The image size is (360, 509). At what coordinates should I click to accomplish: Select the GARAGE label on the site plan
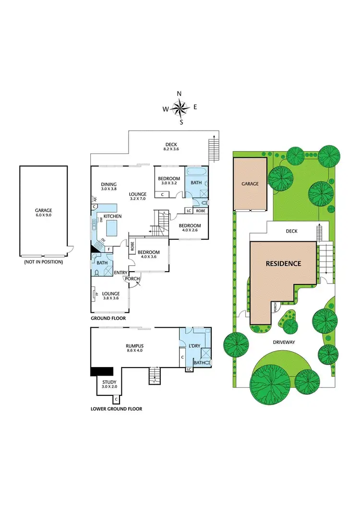pos(250,184)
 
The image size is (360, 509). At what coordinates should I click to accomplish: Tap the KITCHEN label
pos(113,216)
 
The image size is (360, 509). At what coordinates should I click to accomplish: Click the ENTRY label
pos(120,272)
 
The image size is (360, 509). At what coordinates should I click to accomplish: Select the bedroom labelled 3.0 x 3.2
pos(168,181)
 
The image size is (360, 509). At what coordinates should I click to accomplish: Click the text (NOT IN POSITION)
pos(43,262)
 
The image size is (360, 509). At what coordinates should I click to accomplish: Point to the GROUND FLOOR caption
pos(108,318)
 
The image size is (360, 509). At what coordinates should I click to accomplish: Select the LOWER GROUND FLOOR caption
pos(116,409)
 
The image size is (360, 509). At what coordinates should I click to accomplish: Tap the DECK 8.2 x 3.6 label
pos(171,146)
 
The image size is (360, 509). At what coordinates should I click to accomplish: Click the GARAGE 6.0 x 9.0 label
pos(43,213)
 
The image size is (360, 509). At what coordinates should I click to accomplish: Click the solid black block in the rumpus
pos(101,371)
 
